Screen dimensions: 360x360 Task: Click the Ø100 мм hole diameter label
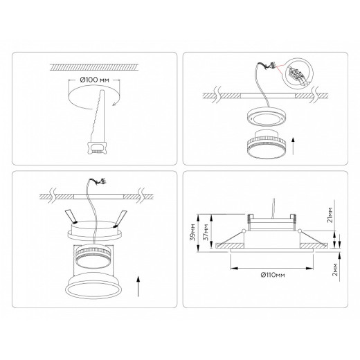click(95, 80)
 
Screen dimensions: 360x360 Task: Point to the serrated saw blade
click(92, 115)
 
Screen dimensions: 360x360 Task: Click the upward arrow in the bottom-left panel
click(141, 286)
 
